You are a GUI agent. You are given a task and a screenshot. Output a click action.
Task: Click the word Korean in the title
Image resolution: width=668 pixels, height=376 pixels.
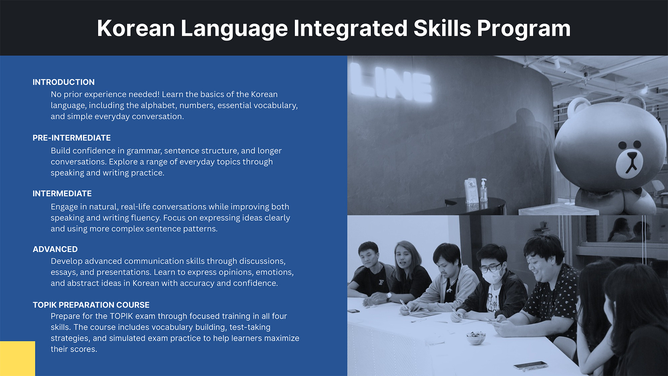pyautogui.click(x=136, y=28)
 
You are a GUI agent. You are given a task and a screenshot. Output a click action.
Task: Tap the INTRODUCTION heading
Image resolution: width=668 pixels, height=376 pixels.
pyautogui.click(x=63, y=82)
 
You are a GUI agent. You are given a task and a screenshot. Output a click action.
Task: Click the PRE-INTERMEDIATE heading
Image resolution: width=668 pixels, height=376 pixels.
pyautogui.click(x=71, y=138)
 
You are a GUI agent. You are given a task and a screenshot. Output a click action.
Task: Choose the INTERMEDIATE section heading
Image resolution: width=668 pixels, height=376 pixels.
pyautogui.click(x=62, y=194)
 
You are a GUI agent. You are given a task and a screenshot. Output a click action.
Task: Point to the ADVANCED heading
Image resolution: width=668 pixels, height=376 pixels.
pyautogui.click(x=55, y=249)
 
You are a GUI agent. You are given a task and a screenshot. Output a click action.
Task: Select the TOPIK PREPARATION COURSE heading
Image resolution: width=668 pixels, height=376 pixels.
pyautogui.click(x=91, y=305)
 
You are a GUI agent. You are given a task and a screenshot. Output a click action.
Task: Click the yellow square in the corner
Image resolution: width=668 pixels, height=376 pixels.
pyautogui.click(x=17, y=359)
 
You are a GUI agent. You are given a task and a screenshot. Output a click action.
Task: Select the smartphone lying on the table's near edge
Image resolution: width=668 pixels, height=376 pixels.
pyautogui.click(x=530, y=365)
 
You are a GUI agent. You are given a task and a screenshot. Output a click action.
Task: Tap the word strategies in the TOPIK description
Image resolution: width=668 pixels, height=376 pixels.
pyautogui.click(x=70, y=339)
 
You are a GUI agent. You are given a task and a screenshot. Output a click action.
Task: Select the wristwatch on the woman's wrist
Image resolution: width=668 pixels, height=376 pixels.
pyautogui.click(x=389, y=296)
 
